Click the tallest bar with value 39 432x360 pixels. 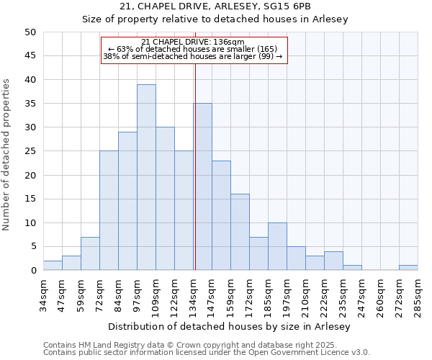tap(146, 177)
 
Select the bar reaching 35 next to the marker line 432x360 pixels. tap(202, 186)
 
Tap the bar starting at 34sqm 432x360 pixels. tap(53, 265)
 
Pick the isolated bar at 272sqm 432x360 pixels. tap(408, 268)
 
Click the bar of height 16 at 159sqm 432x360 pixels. tap(240, 232)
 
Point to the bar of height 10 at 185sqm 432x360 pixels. tap(277, 246)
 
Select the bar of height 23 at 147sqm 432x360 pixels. tap(221, 215)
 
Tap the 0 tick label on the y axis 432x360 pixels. tap(33, 271)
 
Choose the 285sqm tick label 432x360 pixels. tap(418, 296)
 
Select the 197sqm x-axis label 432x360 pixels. tap(287, 296)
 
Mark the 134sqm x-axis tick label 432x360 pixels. tap(193, 296)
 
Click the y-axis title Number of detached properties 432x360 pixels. tap(6, 155)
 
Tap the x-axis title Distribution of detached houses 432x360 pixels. tap(230, 326)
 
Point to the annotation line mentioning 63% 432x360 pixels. tap(193, 49)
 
